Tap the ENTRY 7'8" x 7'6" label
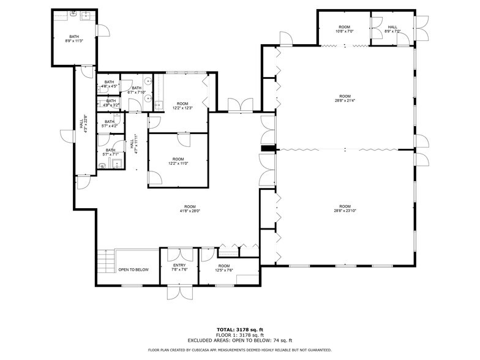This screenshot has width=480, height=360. [x=179, y=268]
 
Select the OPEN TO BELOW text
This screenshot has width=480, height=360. [x=133, y=269]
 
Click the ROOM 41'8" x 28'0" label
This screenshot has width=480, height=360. [x=190, y=208]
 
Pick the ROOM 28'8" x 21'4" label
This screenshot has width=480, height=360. [x=345, y=98]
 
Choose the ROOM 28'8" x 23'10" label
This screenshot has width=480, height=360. [x=345, y=208]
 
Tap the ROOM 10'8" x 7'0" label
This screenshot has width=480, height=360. [x=344, y=29]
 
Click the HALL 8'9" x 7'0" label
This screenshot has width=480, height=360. [x=392, y=29]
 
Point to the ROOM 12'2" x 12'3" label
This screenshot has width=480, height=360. [x=182, y=106]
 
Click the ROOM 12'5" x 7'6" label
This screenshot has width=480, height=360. [x=224, y=268]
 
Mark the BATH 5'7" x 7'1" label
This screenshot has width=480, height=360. [x=110, y=152]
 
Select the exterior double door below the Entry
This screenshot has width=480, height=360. [x=179, y=293]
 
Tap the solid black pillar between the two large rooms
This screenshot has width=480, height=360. [x=267, y=148]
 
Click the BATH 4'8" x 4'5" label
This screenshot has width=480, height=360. [x=110, y=84]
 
